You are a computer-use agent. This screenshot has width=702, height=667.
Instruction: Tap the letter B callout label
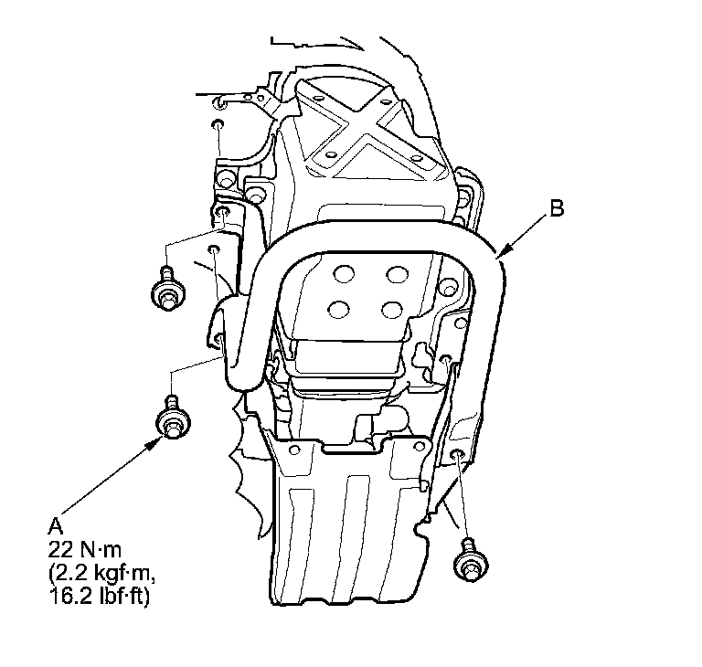tap(557, 209)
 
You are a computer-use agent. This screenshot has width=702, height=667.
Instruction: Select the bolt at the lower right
tap(469, 561)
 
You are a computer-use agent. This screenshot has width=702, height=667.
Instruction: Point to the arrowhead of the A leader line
tap(161, 438)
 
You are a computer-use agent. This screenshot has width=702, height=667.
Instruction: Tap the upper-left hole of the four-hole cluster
tap(345, 273)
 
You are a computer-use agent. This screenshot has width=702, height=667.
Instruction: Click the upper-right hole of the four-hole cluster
tap(396, 273)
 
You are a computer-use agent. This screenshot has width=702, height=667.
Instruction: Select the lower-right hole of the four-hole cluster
tap(396, 308)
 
